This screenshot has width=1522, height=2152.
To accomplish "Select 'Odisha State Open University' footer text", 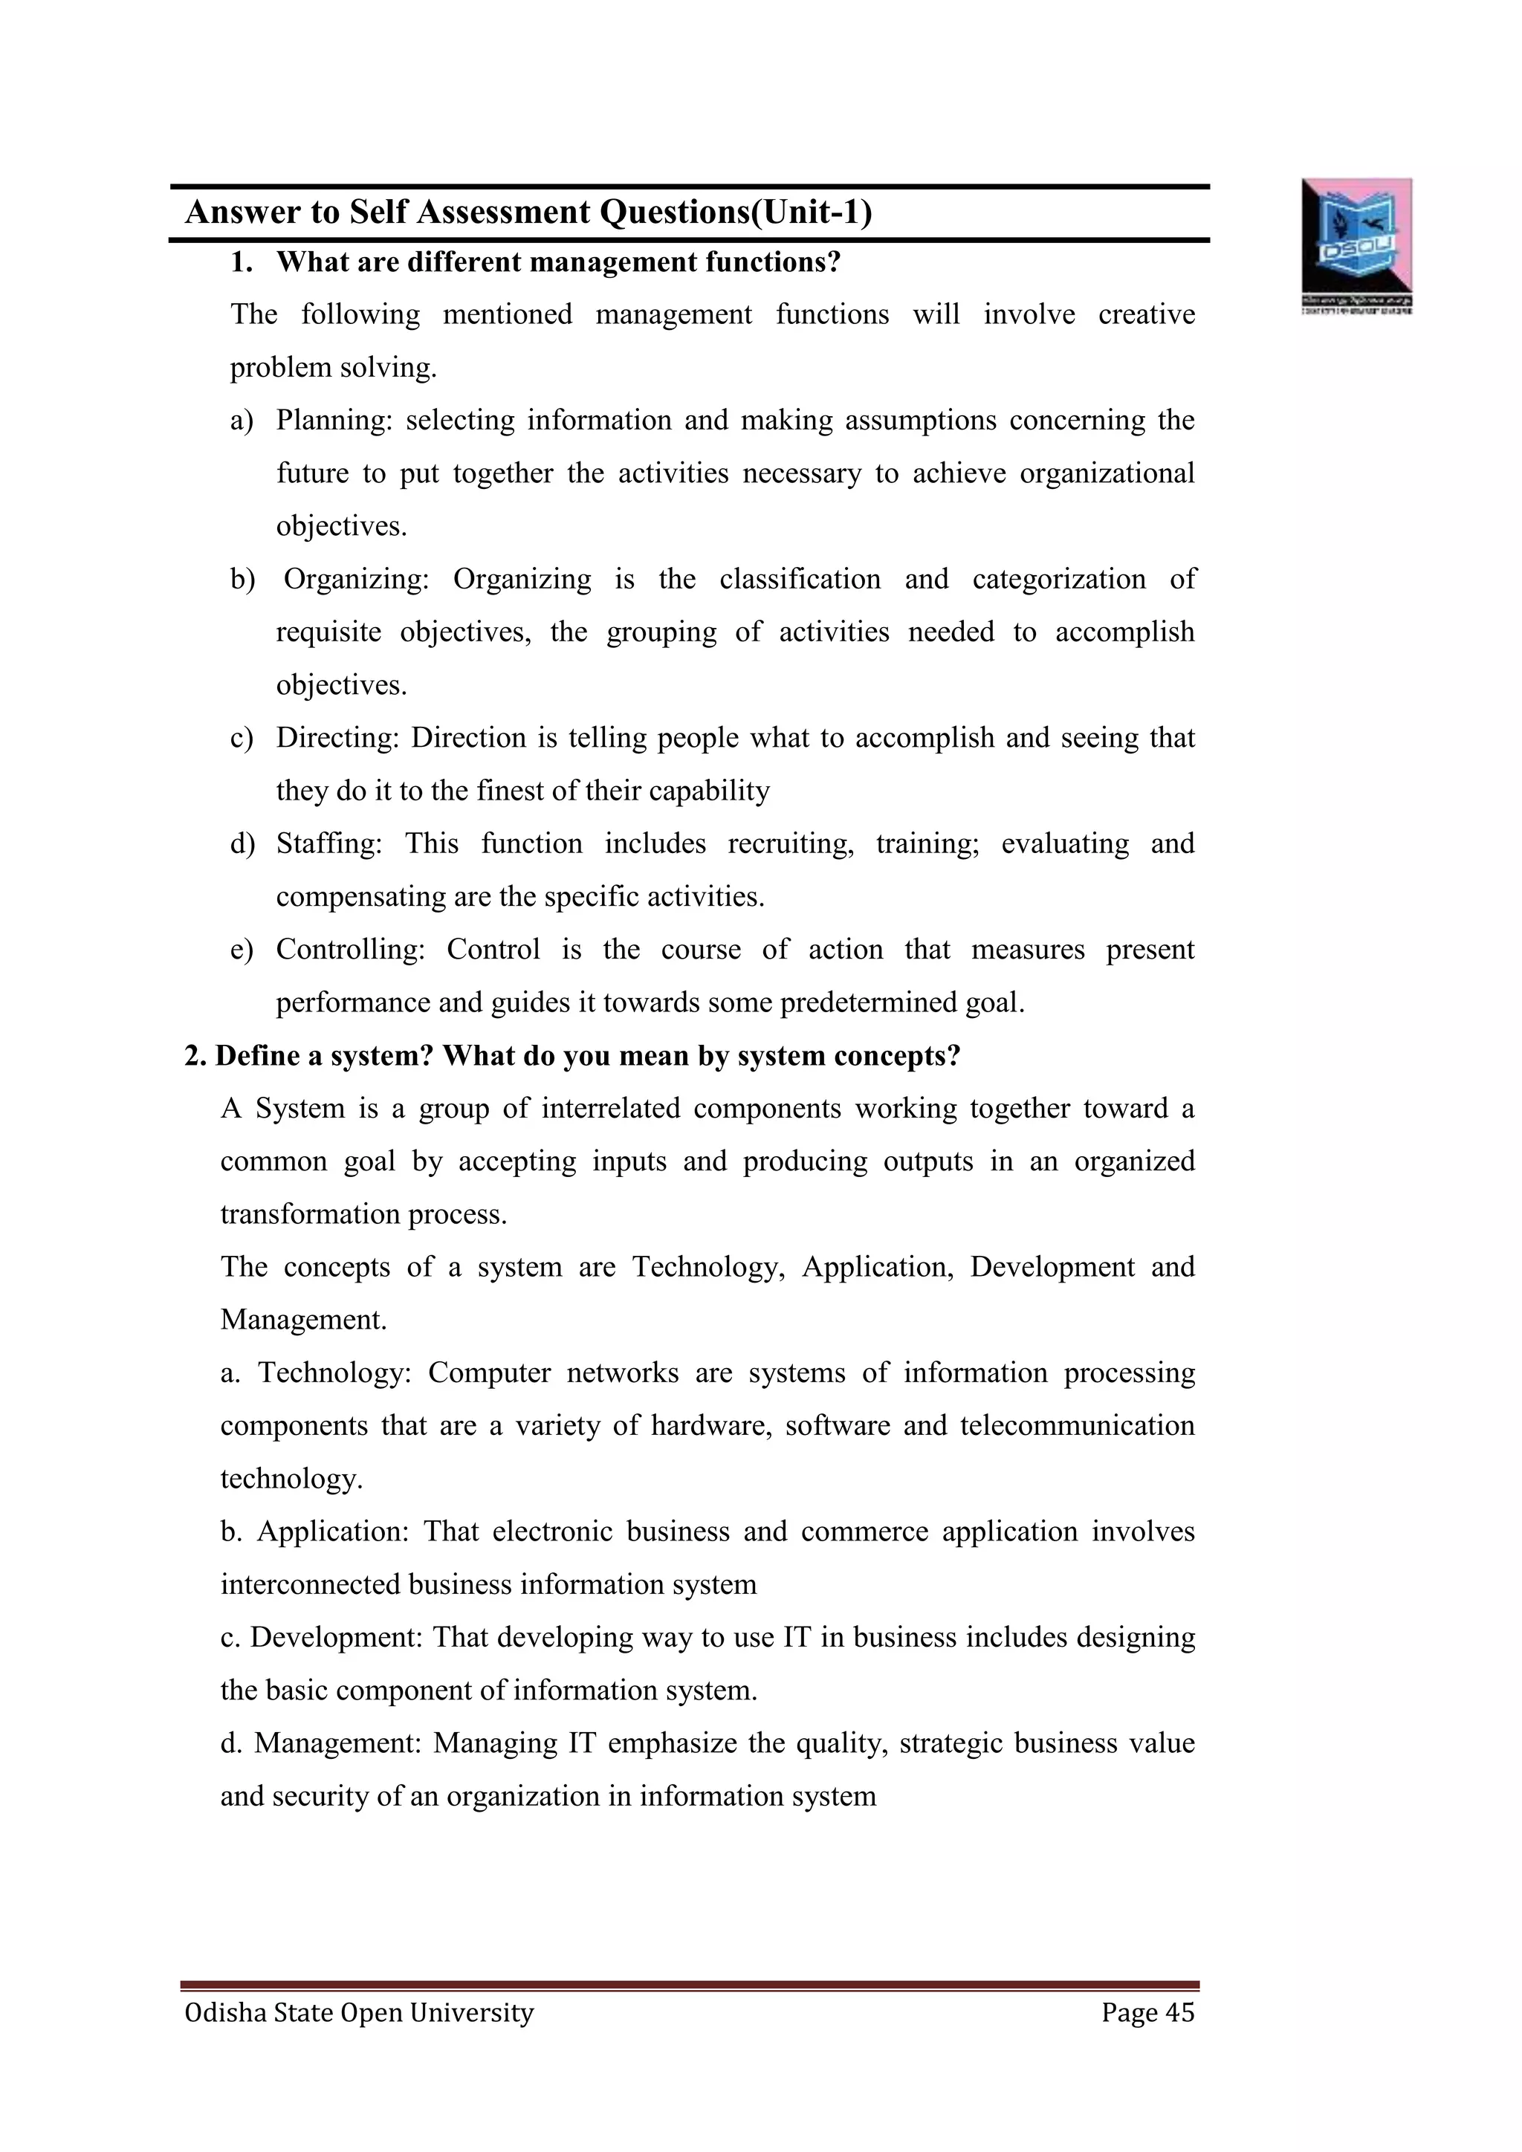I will coord(359,2012).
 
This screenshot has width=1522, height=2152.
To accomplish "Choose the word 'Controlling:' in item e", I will coord(351,950).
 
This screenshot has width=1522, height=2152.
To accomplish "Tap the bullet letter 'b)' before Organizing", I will coord(243,579).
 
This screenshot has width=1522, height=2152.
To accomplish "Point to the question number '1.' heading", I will coord(242,262).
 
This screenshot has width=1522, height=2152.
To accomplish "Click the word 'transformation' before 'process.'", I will coord(310,1215).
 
